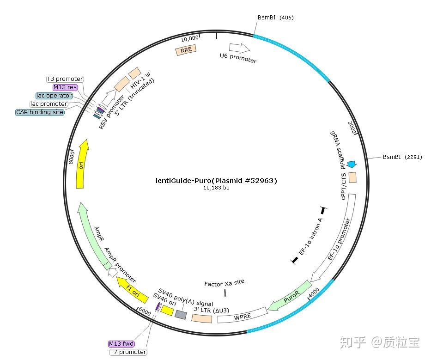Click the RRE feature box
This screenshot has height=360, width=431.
(186, 50)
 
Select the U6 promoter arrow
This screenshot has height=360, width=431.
(239, 48)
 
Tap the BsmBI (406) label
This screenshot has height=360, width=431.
(275, 18)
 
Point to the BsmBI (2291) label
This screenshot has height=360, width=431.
(402, 157)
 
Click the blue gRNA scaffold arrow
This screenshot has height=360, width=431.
(352, 164)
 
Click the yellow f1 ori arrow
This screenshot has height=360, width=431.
(129, 287)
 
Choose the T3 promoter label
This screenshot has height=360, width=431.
(65, 79)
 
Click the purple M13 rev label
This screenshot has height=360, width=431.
(65, 87)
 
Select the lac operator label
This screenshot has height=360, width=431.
(55, 96)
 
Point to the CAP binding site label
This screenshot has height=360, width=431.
(40, 112)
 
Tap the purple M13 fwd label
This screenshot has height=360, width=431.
(121, 344)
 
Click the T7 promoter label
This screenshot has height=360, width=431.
(128, 352)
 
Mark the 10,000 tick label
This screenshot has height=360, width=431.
(189, 38)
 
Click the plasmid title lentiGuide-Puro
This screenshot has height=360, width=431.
(216, 181)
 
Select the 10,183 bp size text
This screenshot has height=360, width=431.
(216, 188)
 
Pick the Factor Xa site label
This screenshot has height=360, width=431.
(225, 282)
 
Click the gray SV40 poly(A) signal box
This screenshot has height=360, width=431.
(181, 315)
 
